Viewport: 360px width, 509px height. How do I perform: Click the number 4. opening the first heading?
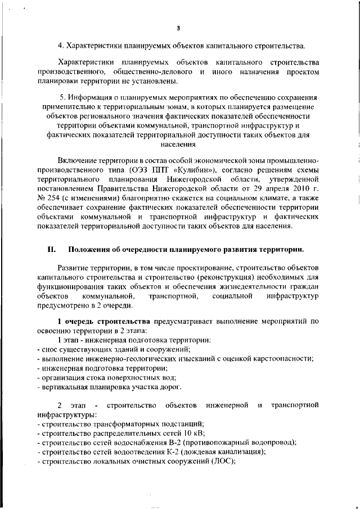point(61,45)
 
